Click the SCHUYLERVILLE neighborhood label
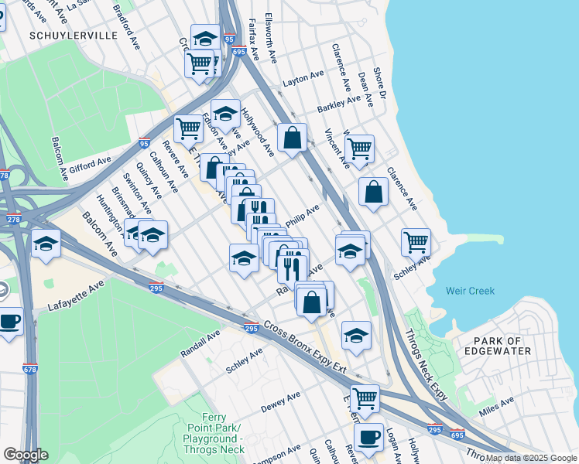pyautogui.click(x=73, y=36)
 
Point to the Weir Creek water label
pyautogui.click(x=470, y=292)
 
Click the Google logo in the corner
pyautogui.click(x=26, y=455)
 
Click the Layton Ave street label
pyautogui.click(x=303, y=78)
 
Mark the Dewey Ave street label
pyautogui.click(x=280, y=401)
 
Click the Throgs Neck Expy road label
pyautogui.click(x=427, y=365)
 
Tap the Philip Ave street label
pyautogui.click(x=303, y=216)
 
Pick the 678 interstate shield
pyautogui.click(x=30, y=368)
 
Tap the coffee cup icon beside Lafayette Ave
pyautogui.click(x=10, y=321)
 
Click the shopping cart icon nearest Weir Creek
pyautogui.click(x=416, y=242)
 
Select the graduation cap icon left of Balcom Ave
pyautogui.click(x=46, y=244)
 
